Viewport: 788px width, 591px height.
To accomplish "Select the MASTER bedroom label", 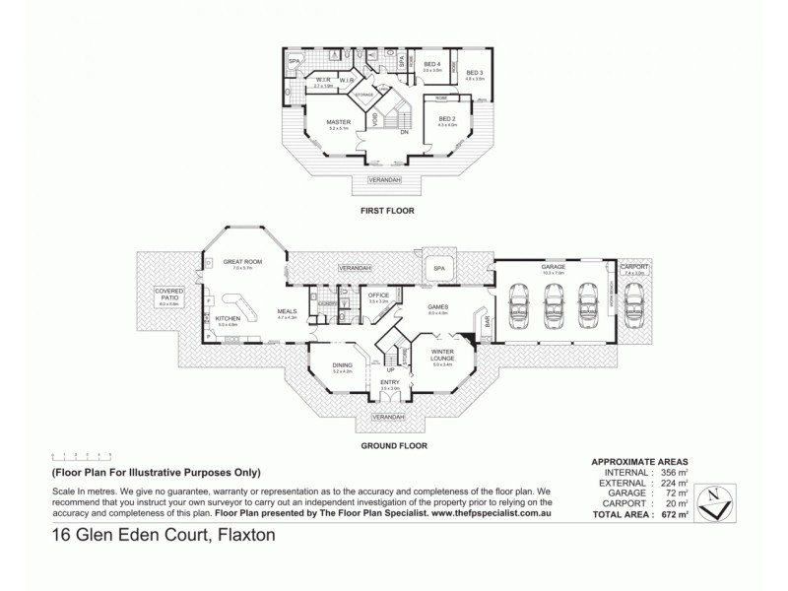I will (x=339, y=123).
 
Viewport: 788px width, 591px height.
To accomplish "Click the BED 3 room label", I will (x=474, y=73).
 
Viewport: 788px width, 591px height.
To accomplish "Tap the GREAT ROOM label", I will (x=237, y=261).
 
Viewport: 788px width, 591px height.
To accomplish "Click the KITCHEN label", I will (x=229, y=318).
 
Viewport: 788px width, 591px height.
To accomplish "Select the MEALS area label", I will (x=287, y=313).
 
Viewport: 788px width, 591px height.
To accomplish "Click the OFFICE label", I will (x=379, y=294).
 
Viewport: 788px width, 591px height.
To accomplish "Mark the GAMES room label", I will (x=438, y=306).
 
